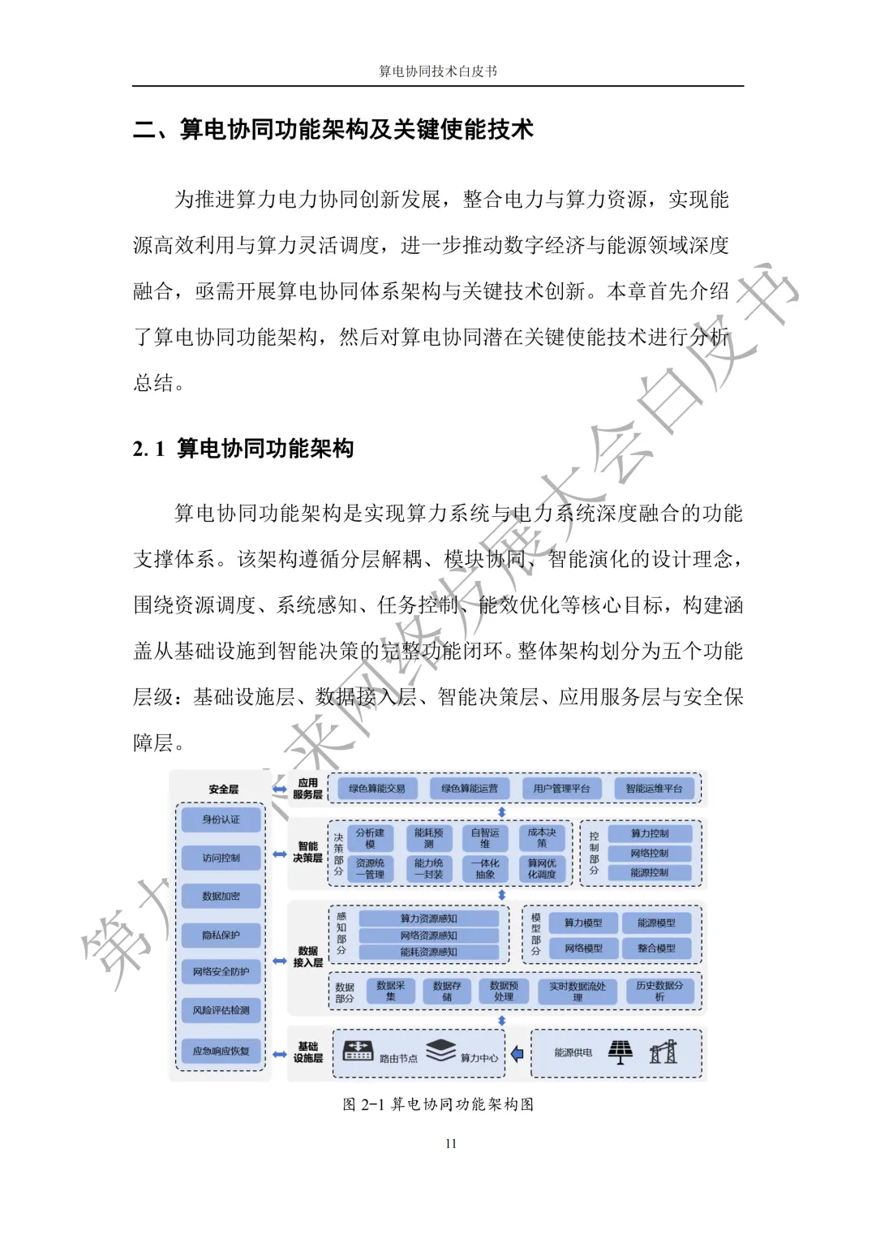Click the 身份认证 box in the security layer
[x=221, y=820]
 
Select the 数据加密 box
[x=221, y=896]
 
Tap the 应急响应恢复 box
[x=221, y=1051]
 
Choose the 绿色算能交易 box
[x=376, y=789]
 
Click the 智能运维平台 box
[x=654, y=789]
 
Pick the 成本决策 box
[x=542, y=837]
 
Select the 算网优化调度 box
[x=542, y=869]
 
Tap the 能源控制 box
[x=650, y=873]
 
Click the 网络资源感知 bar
[x=428, y=936]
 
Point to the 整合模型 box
[x=656, y=948]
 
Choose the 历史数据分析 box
[x=659, y=991]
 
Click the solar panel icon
[x=620, y=1052]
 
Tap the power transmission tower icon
[x=663, y=1052]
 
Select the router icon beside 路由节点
[x=358, y=1051]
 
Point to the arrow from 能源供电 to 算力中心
[x=517, y=1054]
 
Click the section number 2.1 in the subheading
[x=148, y=449]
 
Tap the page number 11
[x=451, y=1144]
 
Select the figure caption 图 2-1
[x=438, y=1104]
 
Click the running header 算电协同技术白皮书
[x=438, y=71]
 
